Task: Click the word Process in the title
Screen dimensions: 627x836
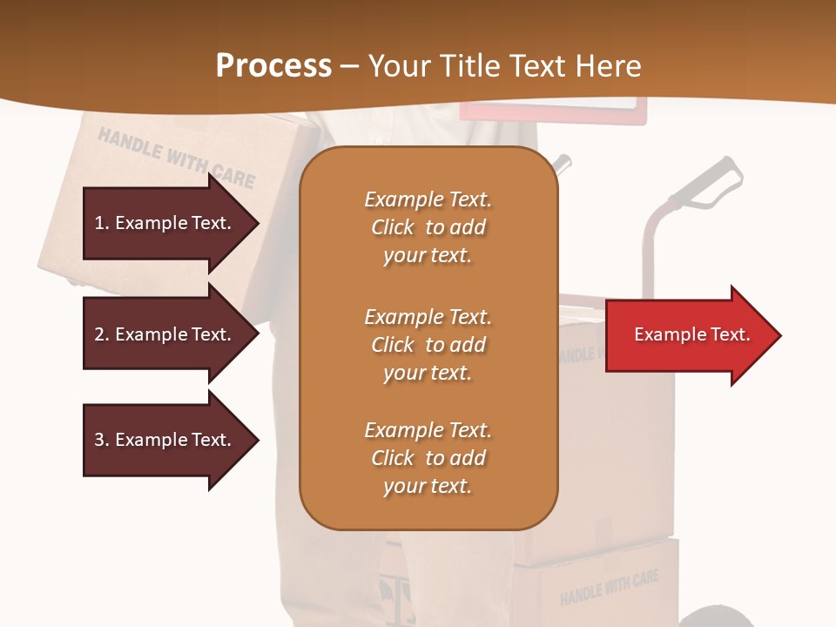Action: [273, 66]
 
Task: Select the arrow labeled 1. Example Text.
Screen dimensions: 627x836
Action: [165, 223]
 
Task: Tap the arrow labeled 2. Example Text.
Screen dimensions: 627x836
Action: [165, 334]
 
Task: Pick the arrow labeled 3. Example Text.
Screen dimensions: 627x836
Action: [165, 440]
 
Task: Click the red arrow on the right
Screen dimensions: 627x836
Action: [688, 335]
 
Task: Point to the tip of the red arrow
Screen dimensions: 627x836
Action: [779, 335]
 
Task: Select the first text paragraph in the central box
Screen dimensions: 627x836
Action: [428, 227]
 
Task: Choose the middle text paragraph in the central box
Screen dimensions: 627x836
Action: [428, 345]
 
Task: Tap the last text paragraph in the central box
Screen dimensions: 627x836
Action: [428, 458]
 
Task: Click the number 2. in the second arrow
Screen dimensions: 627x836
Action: [102, 334]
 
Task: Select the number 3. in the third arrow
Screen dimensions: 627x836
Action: [102, 440]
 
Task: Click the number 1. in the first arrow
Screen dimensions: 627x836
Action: [102, 223]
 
